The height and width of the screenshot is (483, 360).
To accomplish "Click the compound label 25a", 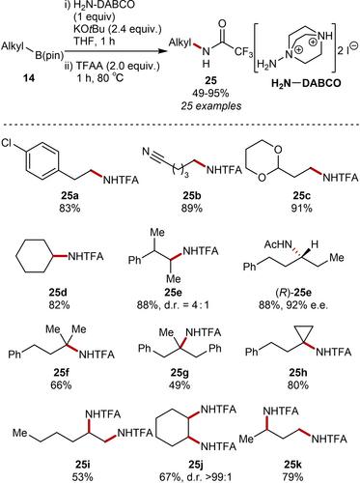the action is pos(69,196).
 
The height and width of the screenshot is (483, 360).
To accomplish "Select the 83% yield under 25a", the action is pos(69,208).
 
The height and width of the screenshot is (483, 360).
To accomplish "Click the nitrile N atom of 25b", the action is pos(147,151).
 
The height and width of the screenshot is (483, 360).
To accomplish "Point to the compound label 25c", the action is pos(301,196).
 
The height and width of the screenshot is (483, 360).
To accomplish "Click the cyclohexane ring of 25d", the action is pos(35,257).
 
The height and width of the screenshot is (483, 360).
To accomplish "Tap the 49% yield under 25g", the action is pos(180,385).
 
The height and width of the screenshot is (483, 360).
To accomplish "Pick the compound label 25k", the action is pos(293,465).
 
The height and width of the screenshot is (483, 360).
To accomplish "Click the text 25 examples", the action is pos(210,106).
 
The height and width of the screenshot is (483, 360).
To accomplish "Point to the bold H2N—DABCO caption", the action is pos(306,83).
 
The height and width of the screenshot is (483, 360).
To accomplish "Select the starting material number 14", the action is pos(29,78).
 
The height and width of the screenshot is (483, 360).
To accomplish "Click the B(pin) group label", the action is pos(49,55).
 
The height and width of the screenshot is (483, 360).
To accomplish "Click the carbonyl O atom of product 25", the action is pos(222,24).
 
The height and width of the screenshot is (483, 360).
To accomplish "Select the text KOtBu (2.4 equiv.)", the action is pos(117,30).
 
